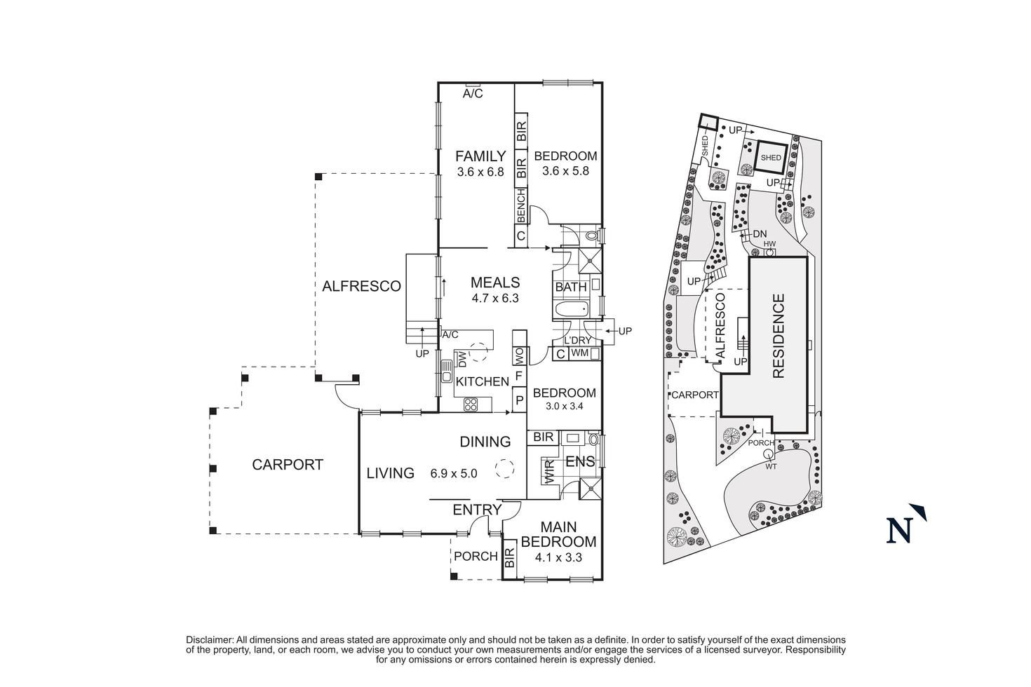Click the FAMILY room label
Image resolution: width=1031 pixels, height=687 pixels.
480,156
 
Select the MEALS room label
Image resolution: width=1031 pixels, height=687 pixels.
495,283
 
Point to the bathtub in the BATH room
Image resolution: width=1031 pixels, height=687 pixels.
573,310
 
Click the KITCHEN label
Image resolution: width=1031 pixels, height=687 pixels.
482,381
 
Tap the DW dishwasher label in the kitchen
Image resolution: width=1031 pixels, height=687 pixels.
462,359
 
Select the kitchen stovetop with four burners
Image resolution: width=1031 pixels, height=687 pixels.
471,404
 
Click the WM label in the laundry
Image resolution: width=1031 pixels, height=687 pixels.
579,353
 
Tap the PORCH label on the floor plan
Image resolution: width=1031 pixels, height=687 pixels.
476,557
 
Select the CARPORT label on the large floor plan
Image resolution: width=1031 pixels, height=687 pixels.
288,464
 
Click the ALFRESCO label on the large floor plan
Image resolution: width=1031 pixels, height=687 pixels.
361,286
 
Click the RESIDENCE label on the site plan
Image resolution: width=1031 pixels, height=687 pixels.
778,336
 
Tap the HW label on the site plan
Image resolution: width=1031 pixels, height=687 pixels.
769,244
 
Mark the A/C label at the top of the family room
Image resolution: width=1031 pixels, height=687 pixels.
473,94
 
